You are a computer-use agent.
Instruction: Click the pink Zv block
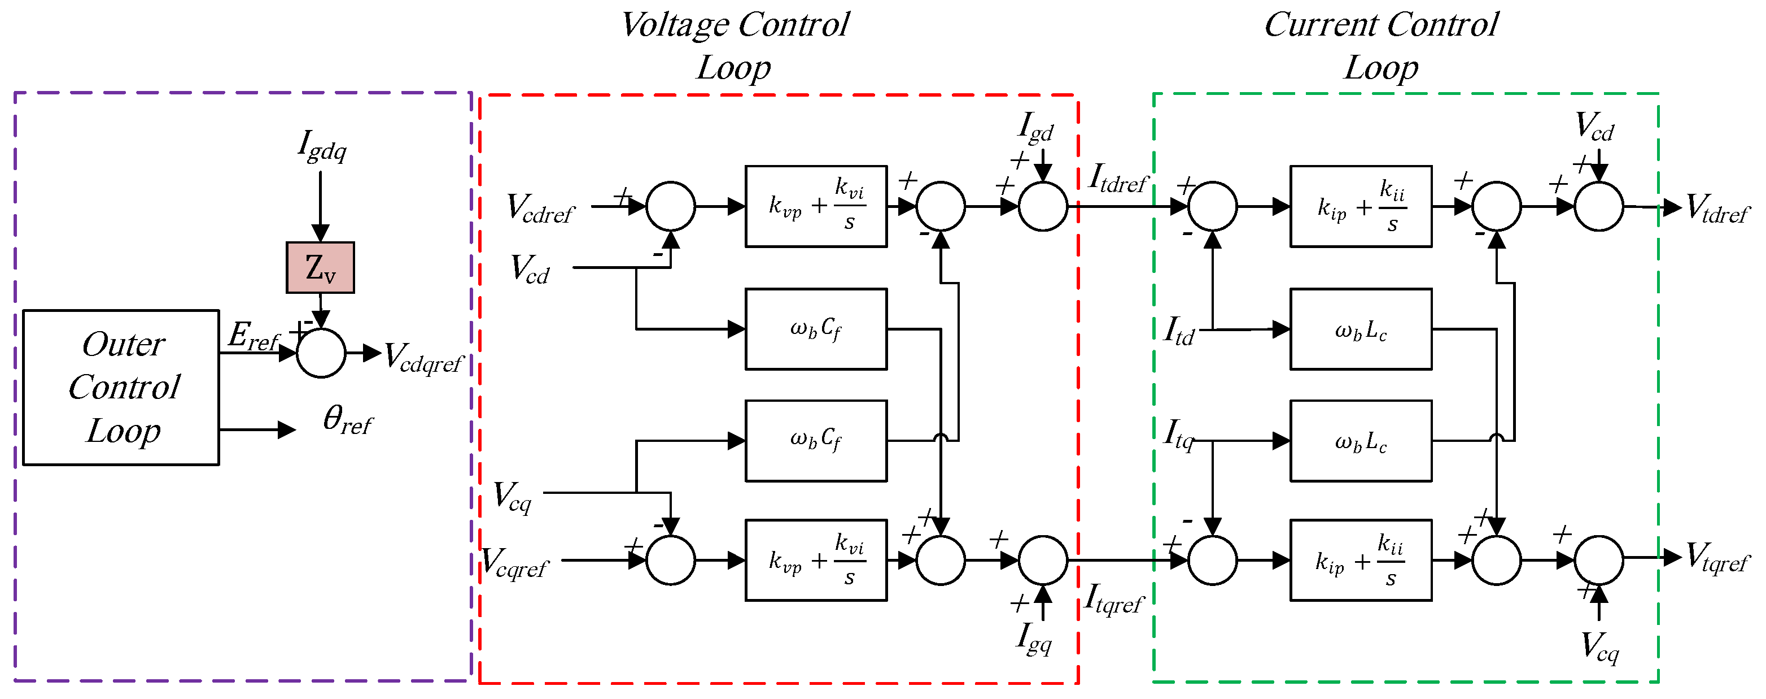click(320, 267)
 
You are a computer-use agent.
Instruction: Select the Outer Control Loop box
click(121, 388)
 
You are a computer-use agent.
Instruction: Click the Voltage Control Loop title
click(734, 45)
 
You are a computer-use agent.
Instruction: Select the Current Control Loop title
click(1381, 45)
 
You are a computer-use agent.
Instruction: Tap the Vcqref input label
click(515, 562)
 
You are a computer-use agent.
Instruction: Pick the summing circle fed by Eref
click(321, 353)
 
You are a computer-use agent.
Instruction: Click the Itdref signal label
click(1117, 179)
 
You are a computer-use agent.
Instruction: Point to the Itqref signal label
click(1113, 599)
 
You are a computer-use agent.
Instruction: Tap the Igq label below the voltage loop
click(1034, 638)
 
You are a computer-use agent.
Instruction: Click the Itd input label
click(1179, 331)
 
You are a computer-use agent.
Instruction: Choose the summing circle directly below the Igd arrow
click(1043, 206)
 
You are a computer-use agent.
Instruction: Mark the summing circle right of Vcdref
click(671, 206)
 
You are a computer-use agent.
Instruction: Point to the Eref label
click(253, 337)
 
